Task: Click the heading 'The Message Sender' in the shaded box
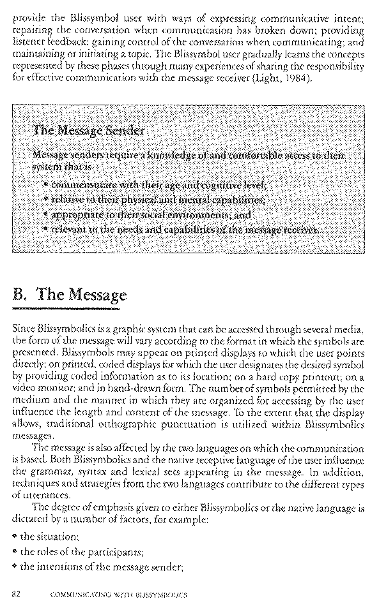point(88,131)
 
